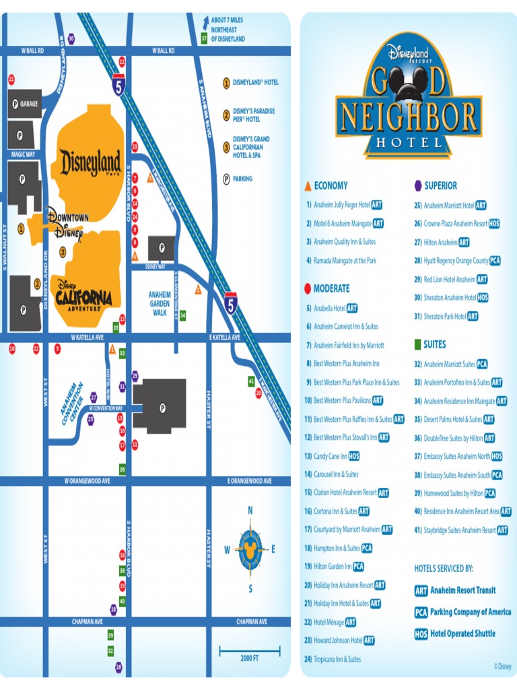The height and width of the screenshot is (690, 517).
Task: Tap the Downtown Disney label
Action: point(67,224)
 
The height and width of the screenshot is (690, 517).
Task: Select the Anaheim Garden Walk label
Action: point(160,303)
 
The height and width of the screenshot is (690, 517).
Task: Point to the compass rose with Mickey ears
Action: point(250,549)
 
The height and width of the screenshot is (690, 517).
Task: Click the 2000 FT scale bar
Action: point(250,652)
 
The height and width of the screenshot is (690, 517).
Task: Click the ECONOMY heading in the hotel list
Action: point(331,186)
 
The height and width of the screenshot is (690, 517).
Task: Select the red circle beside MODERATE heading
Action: point(308,288)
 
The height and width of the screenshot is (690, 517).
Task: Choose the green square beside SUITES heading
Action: point(417,344)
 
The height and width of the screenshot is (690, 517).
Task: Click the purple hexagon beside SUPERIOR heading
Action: point(418,185)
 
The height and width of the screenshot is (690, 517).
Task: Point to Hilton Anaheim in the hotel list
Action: point(440,243)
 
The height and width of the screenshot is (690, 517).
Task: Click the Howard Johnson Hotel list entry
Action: point(338,640)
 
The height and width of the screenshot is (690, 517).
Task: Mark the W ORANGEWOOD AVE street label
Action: point(87,481)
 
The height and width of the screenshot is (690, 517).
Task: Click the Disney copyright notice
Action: point(502,666)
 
